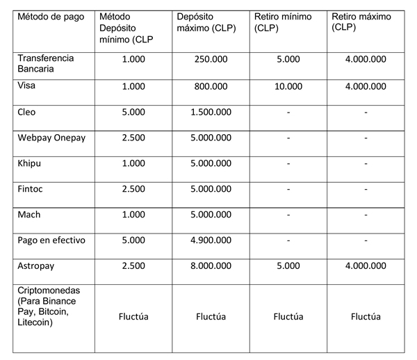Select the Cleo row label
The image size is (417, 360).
28,112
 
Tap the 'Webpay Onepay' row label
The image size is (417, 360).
51,138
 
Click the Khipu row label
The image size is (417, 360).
31,163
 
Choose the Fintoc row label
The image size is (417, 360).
31,189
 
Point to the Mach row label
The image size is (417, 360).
30,215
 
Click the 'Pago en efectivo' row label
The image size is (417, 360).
51,240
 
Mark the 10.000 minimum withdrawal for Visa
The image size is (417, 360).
287,86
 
